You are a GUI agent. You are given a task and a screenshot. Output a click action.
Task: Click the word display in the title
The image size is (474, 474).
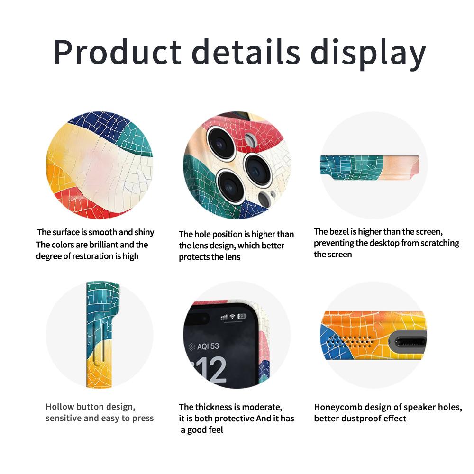[x=368, y=54]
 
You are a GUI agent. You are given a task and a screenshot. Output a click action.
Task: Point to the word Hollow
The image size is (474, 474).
[x=60, y=407]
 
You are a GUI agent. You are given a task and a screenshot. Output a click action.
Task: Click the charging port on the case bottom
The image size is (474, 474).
[x=409, y=343]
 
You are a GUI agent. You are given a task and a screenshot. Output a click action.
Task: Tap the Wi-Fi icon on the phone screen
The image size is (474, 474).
[x=232, y=317]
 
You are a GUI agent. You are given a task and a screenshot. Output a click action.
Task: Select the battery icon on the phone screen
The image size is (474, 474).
[x=242, y=316]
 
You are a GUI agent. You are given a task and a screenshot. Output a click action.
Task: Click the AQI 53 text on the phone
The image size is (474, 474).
[x=208, y=346]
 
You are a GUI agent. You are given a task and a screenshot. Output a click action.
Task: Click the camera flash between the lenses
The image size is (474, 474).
[x=251, y=140]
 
